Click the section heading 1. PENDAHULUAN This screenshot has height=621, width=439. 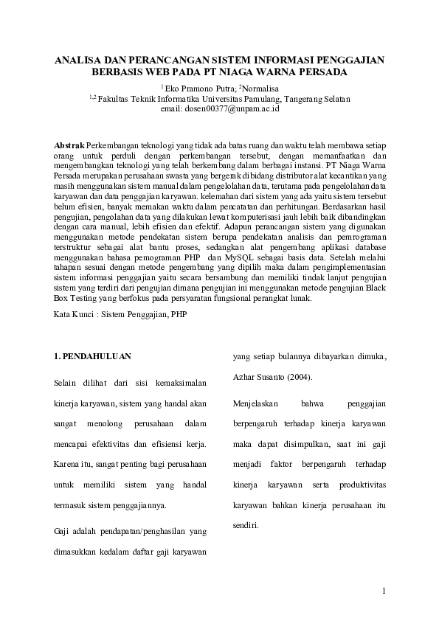(92, 356)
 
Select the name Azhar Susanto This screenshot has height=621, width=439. (255, 377)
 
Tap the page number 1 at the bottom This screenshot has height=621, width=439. (384, 591)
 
